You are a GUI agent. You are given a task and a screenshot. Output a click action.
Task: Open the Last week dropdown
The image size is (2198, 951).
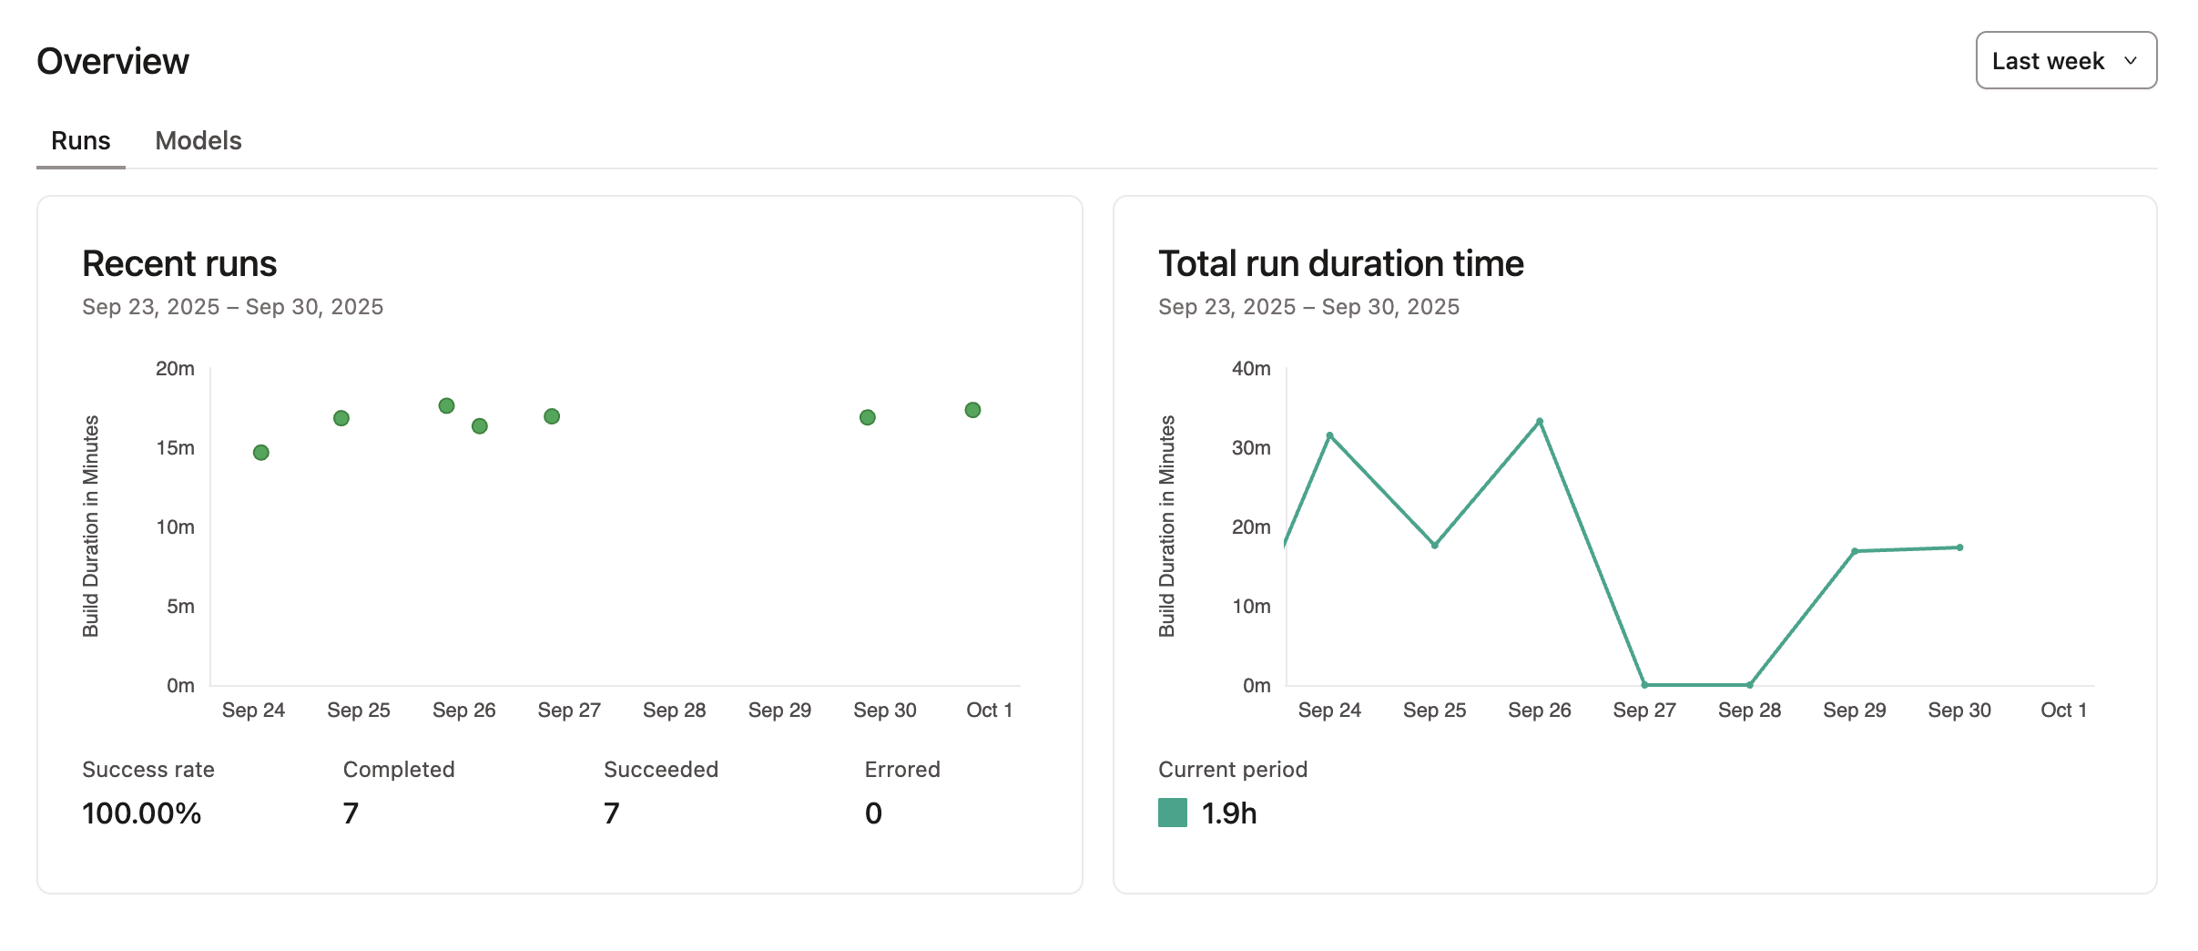tap(2064, 61)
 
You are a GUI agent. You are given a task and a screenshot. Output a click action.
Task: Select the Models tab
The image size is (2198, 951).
tap(198, 140)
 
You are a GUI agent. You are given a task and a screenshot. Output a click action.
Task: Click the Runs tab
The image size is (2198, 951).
tap(80, 140)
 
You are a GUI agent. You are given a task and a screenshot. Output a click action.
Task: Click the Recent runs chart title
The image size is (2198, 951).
tap(178, 263)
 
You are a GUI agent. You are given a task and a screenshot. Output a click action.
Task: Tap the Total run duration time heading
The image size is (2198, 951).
tap(1340, 263)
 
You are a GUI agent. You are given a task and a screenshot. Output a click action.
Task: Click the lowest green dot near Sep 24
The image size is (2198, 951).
tap(260, 453)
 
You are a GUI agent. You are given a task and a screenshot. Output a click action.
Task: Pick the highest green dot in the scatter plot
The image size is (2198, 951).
tap(446, 405)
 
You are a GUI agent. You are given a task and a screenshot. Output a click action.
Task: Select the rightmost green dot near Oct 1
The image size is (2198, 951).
tap(972, 410)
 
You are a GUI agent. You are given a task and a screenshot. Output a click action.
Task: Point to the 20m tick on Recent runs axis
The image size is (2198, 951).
tap(175, 368)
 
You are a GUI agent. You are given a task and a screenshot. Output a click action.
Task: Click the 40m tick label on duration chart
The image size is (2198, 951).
tap(1251, 368)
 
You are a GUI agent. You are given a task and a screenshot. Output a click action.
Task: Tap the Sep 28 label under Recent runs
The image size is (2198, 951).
tap(674, 710)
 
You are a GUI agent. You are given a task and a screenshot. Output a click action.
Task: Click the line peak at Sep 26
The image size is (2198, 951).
tap(1540, 422)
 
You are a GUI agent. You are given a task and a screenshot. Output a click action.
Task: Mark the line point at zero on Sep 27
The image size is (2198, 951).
tap(1644, 684)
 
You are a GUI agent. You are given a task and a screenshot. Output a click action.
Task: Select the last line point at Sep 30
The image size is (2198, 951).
tap(1959, 547)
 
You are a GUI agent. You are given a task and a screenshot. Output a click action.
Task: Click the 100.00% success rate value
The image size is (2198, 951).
tap(141, 813)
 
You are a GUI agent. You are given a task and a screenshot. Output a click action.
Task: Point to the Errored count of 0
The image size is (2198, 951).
tap(873, 813)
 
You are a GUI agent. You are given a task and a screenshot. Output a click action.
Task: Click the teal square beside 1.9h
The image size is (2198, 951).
tap(1172, 813)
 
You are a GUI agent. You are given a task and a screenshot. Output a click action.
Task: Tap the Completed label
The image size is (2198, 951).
tap(398, 769)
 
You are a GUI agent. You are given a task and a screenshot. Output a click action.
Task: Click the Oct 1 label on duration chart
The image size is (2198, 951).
tap(2063, 710)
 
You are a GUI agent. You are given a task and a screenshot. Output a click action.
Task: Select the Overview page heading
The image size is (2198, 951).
tap(113, 61)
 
